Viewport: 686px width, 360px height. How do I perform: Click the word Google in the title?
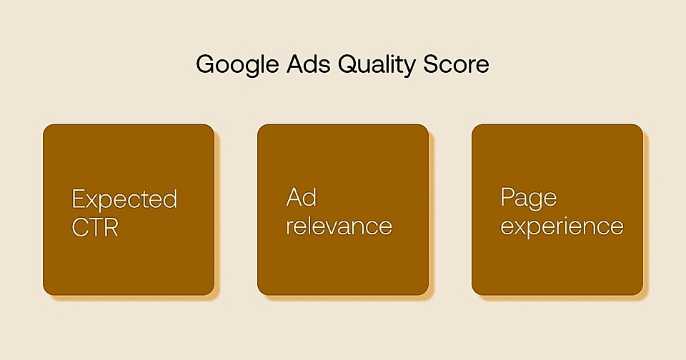(x=237, y=65)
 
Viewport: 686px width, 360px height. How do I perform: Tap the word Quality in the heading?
(x=377, y=65)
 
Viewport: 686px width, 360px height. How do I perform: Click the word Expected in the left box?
(x=124, y=200)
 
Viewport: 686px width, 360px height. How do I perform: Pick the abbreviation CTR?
(x=95, y=227)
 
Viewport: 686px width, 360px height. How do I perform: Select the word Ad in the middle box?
(x=301, y=197)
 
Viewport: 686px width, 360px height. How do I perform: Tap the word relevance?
(x=339, y=226)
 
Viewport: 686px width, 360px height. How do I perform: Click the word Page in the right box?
(x=529, y=198)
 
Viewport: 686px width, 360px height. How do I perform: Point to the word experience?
(x=562, y=227)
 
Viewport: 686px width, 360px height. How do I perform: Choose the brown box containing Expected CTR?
(x=129, y=209)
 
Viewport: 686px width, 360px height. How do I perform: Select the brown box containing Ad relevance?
(x=343, y=209)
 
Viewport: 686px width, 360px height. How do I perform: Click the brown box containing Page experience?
(x=557, y=209)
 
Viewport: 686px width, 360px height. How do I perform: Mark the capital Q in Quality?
(x=348, y=65)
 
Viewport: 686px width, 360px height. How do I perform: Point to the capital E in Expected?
(x=79, y=199)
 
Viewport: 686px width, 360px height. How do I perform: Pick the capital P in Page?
(x=507, y=197)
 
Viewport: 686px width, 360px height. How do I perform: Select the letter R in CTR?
(x=111, y=228)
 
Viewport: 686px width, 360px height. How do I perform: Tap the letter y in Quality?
(x=409, y=69)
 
